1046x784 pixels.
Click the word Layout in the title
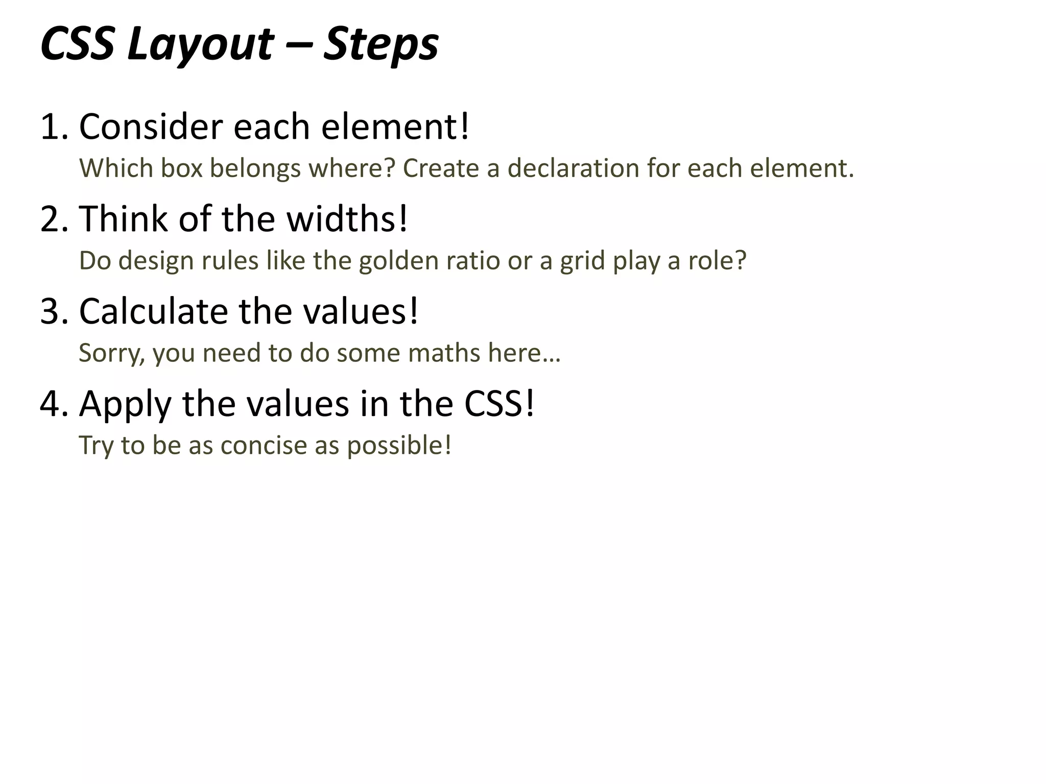pos(200,45)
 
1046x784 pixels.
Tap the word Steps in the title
pos(381,45)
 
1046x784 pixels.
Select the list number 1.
pos(53,127)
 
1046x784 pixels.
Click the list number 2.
pos(53,219)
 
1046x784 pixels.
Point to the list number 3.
pos(53,311)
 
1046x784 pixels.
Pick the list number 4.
pos(53,404)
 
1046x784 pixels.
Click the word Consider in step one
pos(151,127)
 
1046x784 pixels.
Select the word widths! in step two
pos(347,219)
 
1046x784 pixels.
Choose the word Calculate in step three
pos(153,311)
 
